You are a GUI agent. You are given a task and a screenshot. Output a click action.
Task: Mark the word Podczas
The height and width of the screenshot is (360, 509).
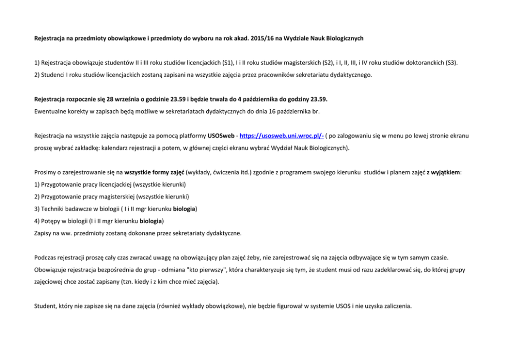tap(47, 257)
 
